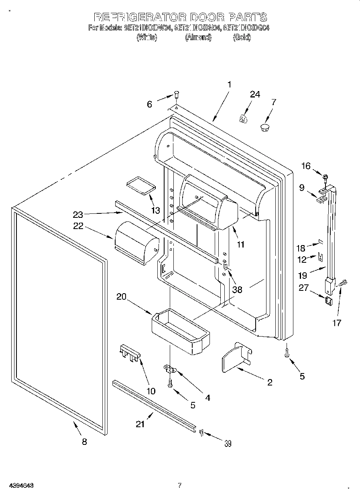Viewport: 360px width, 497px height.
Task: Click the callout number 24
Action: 255,94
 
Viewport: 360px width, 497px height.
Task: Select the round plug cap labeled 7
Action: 265,128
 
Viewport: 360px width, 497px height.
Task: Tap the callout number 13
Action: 155,210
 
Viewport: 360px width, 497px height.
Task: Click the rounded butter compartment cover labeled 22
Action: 136,243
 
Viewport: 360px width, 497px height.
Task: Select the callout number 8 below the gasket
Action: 84,442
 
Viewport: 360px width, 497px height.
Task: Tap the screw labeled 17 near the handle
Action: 343,283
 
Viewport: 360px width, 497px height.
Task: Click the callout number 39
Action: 228,443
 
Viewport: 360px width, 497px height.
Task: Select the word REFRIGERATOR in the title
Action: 139,17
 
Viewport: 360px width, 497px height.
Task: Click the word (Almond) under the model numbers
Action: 198,38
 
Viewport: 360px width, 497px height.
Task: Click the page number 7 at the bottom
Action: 180,485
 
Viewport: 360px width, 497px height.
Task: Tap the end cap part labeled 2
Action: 236,357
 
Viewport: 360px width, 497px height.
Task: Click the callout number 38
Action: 237,289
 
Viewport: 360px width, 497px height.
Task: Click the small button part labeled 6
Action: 176,95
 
